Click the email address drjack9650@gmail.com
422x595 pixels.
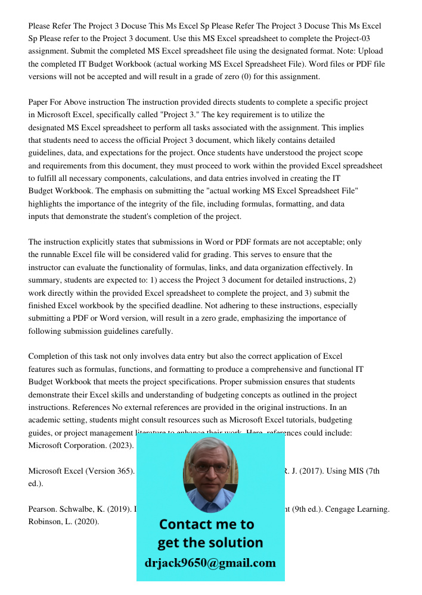click(x=210, y=562)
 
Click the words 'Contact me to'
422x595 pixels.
click(x=206, y=524)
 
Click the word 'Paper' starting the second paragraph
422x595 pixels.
click(x=39, y=102)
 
